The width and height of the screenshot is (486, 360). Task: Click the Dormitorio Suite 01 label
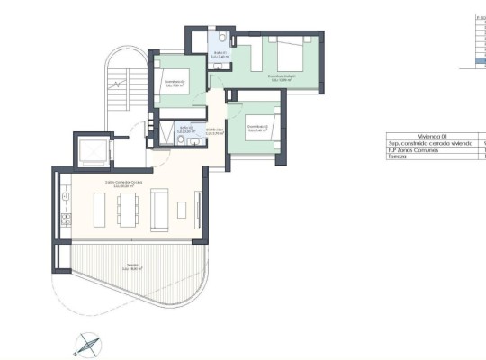tap(282, 77)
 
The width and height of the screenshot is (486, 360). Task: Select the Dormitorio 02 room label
tap(175, 84)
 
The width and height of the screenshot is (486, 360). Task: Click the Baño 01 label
tap(220, 54)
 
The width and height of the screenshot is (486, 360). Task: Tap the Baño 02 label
tap(187, 129)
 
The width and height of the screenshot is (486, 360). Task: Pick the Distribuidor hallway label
tap(214, 131)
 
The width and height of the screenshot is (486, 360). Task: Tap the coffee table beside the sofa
tap(182, 210)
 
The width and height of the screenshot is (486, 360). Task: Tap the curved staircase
tap(119, 85)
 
